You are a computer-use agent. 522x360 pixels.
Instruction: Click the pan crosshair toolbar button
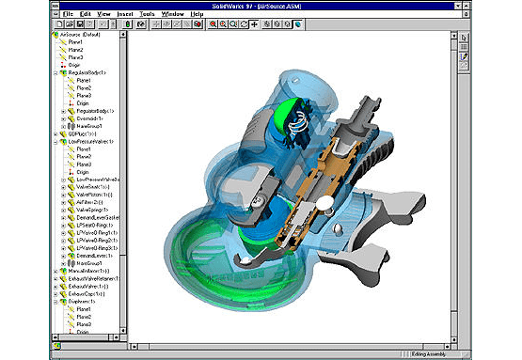tap(255, 25)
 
